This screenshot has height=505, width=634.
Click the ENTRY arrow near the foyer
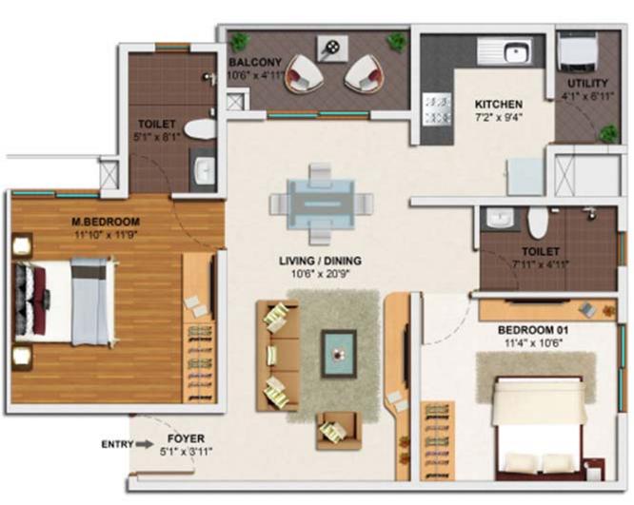point(144,444)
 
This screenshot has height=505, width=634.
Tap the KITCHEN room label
point(499,105)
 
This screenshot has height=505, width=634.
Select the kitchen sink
point(516,52)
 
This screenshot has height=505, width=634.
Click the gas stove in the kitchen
point(437,109)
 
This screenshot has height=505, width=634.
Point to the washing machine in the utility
point(578,51)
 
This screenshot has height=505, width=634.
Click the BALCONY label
point(255,63)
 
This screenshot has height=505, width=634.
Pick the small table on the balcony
point(332,49)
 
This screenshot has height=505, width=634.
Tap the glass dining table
point(322,204)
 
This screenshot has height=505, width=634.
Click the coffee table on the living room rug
point(339,354)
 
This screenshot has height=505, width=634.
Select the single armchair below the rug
point(337,431)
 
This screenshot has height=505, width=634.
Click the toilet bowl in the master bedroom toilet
point(199,129)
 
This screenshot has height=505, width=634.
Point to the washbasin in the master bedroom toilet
point(204,169)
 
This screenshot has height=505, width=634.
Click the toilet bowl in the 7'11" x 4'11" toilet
point(538,223)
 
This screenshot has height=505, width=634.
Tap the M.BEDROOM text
point(106,222)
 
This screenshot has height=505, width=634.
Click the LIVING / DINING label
point(320,261)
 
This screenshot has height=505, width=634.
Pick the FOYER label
point(186,438)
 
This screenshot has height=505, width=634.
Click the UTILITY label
point(587,84)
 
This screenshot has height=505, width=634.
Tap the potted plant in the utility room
point(608,133)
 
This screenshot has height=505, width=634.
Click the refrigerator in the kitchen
point(525,177)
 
